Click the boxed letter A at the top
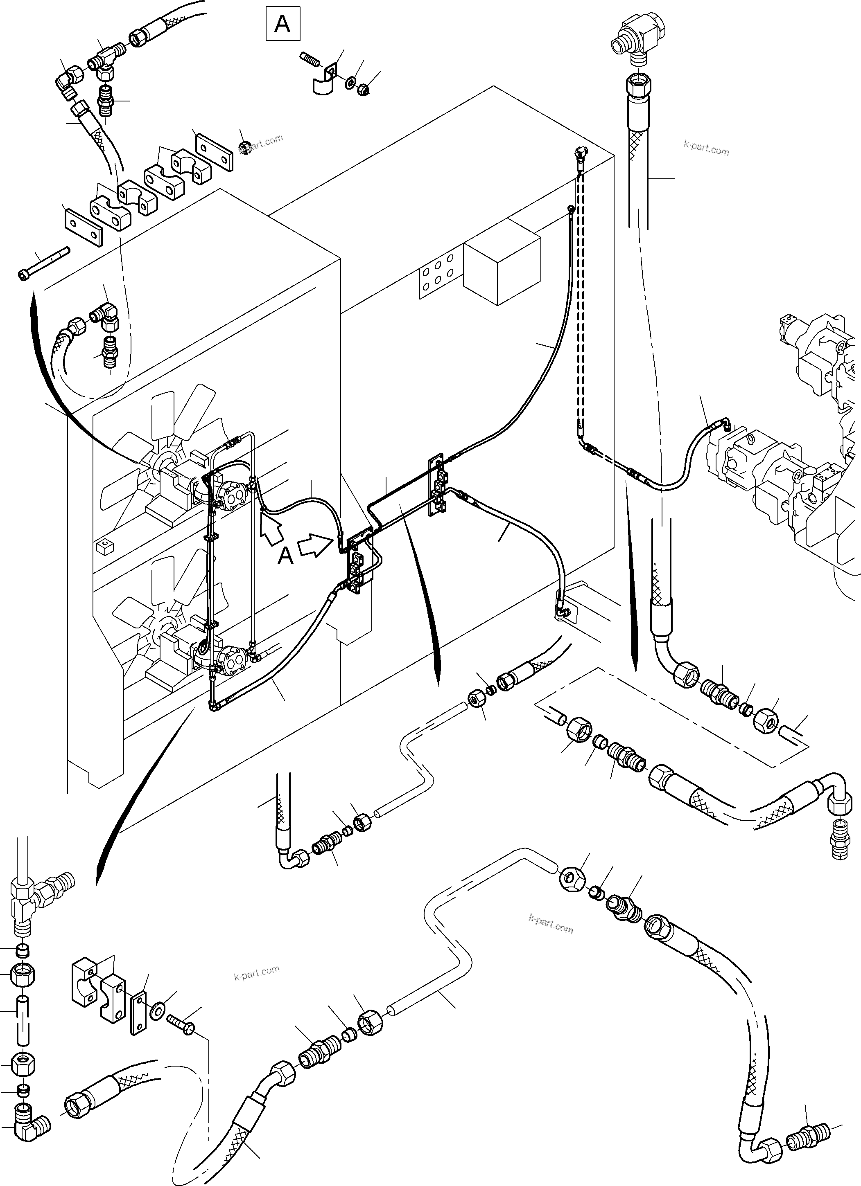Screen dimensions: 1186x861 pos(282,24)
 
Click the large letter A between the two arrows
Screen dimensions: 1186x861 pos(285,556)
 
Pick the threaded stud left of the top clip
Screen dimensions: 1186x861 pos(310,59)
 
